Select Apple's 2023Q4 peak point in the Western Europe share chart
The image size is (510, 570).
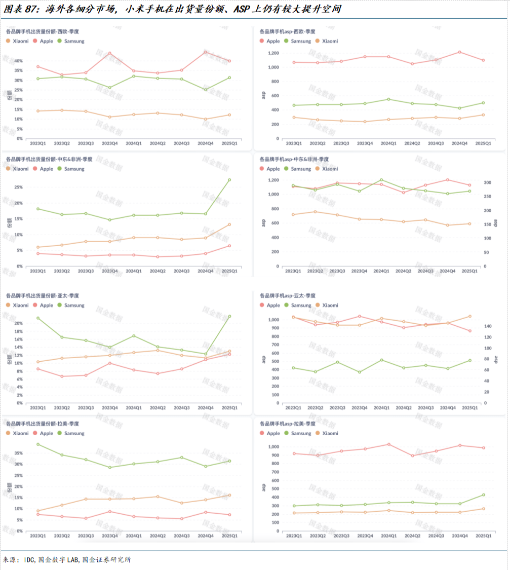pyautogui.click(x=109, y=53)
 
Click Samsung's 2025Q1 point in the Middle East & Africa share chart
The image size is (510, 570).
pyautogui.click(x=229, y=180)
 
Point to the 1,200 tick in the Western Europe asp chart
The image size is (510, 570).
pyautogui.click(x=273, y=53)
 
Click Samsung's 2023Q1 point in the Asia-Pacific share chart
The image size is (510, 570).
pyautogui.click(x=37, y=318)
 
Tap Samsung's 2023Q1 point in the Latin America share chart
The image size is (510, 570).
pyautogui.click(x=37, y=444)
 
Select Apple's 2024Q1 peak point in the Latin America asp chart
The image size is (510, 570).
pyautogui.click(x=388, y=444)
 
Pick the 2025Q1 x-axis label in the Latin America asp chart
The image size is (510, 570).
pyautogui.click(x=483, y=536)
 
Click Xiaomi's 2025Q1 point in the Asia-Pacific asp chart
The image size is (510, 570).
pyautogui.click(x=470, y=316)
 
